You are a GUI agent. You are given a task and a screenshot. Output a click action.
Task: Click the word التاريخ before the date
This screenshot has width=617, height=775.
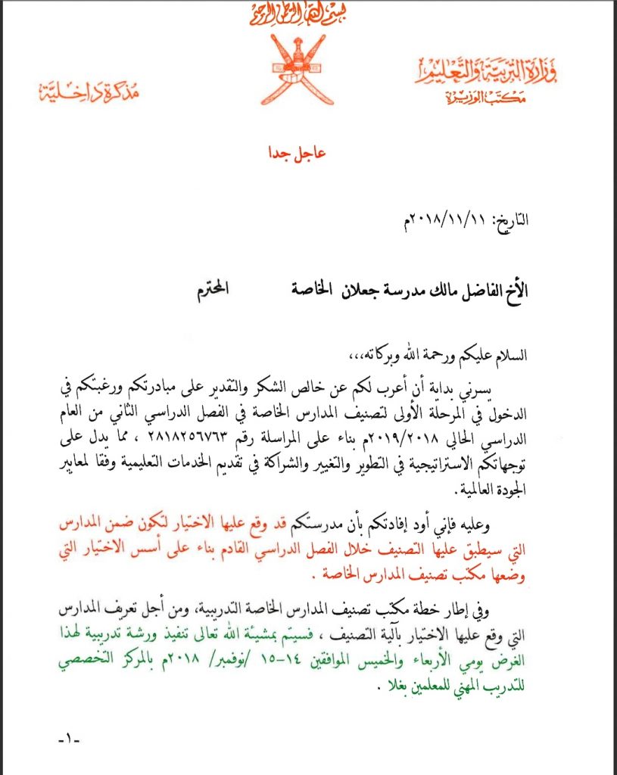click(511, 221)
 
